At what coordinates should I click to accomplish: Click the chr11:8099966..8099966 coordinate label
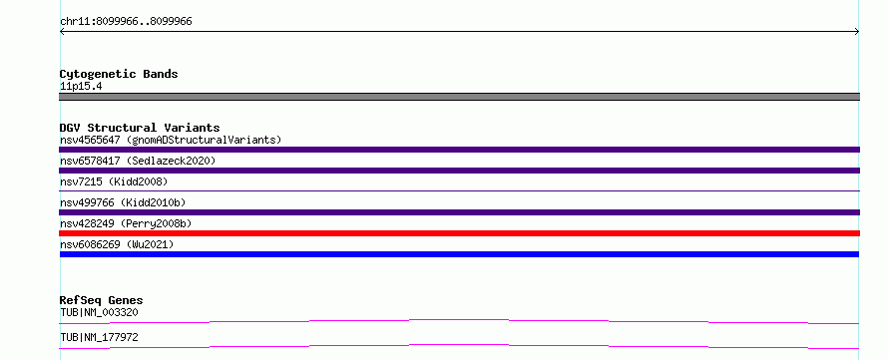tap(126, 22)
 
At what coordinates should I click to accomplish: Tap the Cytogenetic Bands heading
tap(119, 74)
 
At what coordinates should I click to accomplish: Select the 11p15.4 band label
tap(81, 87)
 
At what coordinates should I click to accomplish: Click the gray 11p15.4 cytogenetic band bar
tap(459, 97)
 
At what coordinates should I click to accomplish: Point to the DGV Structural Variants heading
tap(140, 128)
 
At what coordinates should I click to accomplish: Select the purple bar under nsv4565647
tap(459, 150)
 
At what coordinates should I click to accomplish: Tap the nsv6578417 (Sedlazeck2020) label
tap(138, 161)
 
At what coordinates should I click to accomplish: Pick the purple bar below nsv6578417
tap(459, 171)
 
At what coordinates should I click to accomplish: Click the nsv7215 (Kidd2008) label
tap(114, 181)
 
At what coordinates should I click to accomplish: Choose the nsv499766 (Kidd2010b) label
tap(123, 202)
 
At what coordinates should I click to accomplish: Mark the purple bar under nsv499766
tap(459, 212)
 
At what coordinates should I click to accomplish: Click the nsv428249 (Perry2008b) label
tap(126, 223)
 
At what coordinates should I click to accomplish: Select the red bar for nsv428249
tap(459, 233)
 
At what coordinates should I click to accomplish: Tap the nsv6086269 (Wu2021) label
tap(117, 244)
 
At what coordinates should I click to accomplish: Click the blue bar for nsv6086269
tap(459, 254)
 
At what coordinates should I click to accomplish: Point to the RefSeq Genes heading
tap(101, 300)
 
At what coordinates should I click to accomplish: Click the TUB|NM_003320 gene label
tap(99, 312)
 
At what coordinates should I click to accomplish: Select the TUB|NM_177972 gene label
tap(99, 337)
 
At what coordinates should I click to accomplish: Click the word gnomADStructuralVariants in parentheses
tap(204, 140)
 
